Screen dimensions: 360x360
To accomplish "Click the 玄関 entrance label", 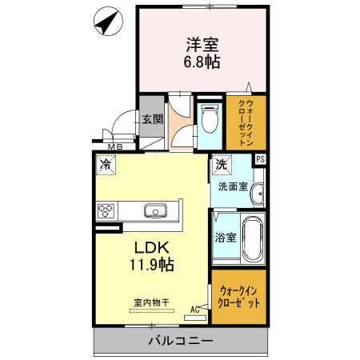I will [x=152, y=119].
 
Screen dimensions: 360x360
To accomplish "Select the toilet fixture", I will [x=210, y=121].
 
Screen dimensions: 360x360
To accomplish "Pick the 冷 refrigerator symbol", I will [x=106, y=164].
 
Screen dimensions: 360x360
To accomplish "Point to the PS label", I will [x=259, y=159].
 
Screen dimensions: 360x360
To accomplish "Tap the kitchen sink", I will [x=155, y=211].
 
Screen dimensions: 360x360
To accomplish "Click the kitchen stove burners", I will [x=106, y=211].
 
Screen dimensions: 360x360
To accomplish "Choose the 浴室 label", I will [x=225, y=238].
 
